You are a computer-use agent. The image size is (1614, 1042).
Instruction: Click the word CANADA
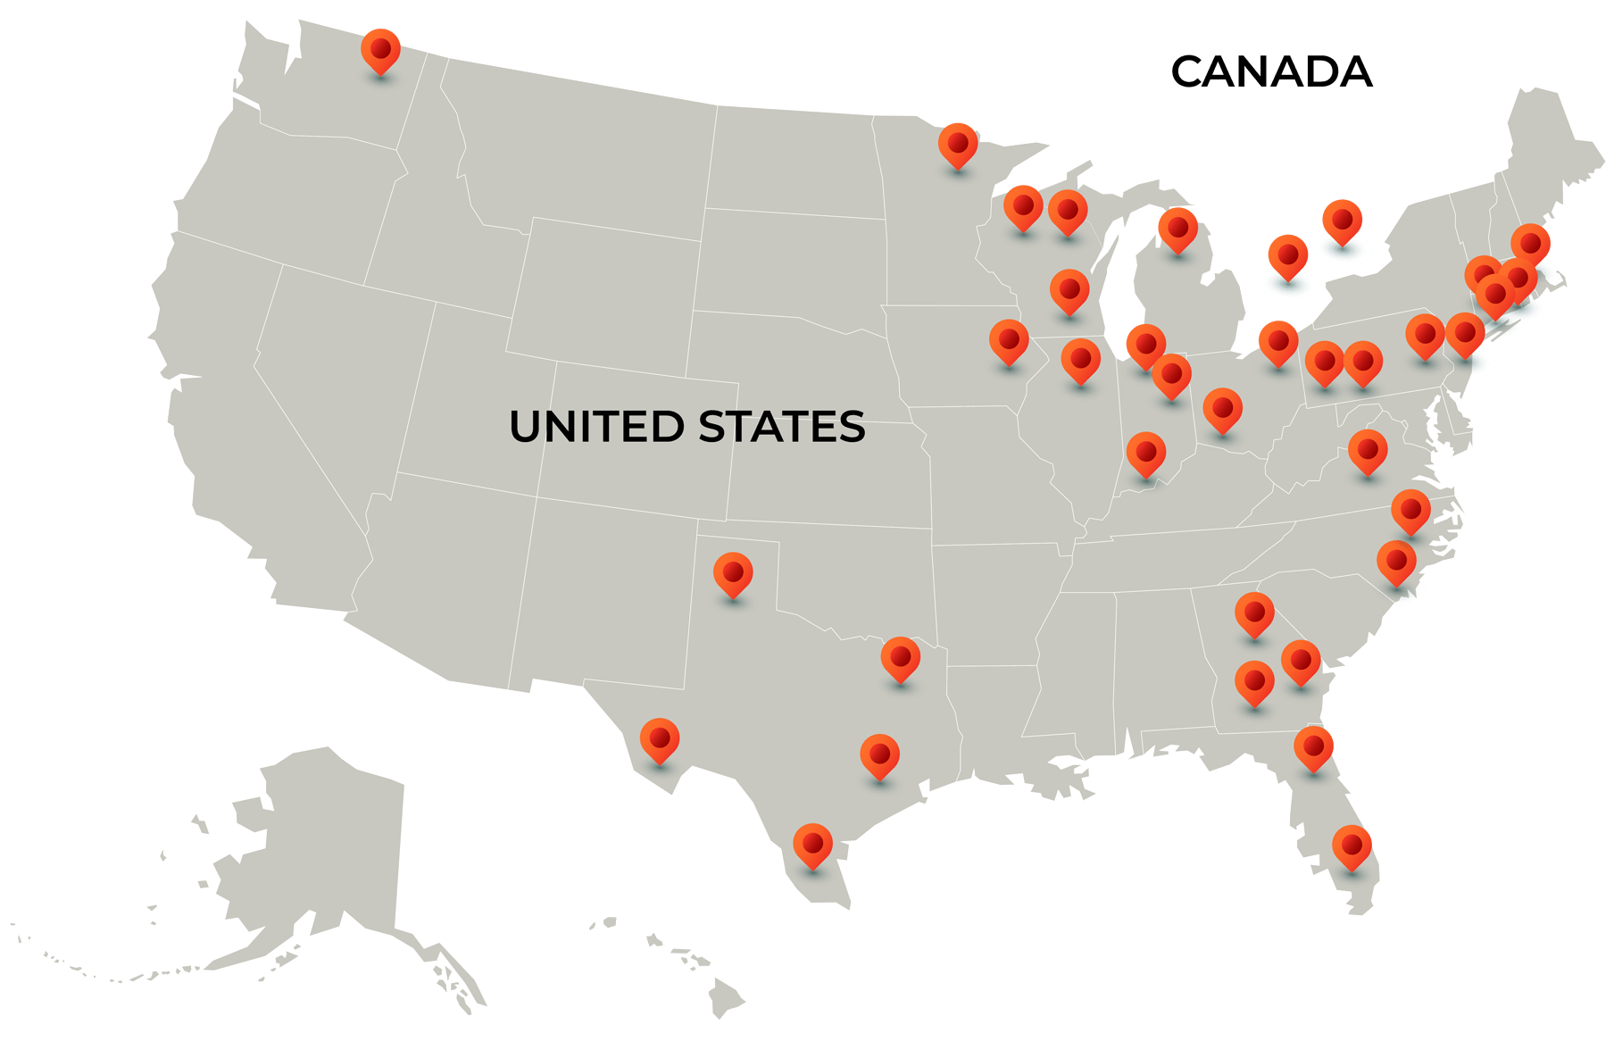pyautogui.click(x=1271, y=72)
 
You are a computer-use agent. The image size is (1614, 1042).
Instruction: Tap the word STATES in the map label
pyautogui.click(x=781, y=427)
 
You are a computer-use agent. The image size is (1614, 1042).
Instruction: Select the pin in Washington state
pyautogui.click(x=380, y=48)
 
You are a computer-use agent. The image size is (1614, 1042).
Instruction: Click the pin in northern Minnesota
pyautogui.click(x=958, y=143)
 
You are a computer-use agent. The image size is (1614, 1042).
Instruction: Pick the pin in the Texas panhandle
pyautogui.click(x=733, y=571)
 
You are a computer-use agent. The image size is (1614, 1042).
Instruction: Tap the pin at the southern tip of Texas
pyautogui.click(x=812, y=843)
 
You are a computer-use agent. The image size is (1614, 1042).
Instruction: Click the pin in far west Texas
pyautogui.click(x=660, y=738)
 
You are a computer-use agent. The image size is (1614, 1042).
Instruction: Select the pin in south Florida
pyautogui.click(x=1352, y=845)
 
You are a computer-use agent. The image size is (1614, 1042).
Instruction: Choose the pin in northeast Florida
pyautogui.click(x=1313, y=746)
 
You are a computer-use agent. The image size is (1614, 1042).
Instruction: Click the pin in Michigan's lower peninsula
pyautogui.click(x=1177, y=228)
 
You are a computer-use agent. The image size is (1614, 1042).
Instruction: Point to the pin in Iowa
pyautogui.click(x=1009, y=340)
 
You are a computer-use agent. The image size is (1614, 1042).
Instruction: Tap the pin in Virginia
pyautogui.click(x=1368, y=449)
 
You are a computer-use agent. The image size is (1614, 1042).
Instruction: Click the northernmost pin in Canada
pyautogui.click(x=1342, y=220)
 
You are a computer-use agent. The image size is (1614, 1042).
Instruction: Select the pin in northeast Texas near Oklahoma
pyautogui.click(x=900, y=657)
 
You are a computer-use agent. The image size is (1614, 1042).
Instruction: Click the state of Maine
pyautogui.click(x=1549, y=152)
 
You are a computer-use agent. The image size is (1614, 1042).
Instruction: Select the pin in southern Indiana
pyautogui.click(x=1146, y=452)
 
